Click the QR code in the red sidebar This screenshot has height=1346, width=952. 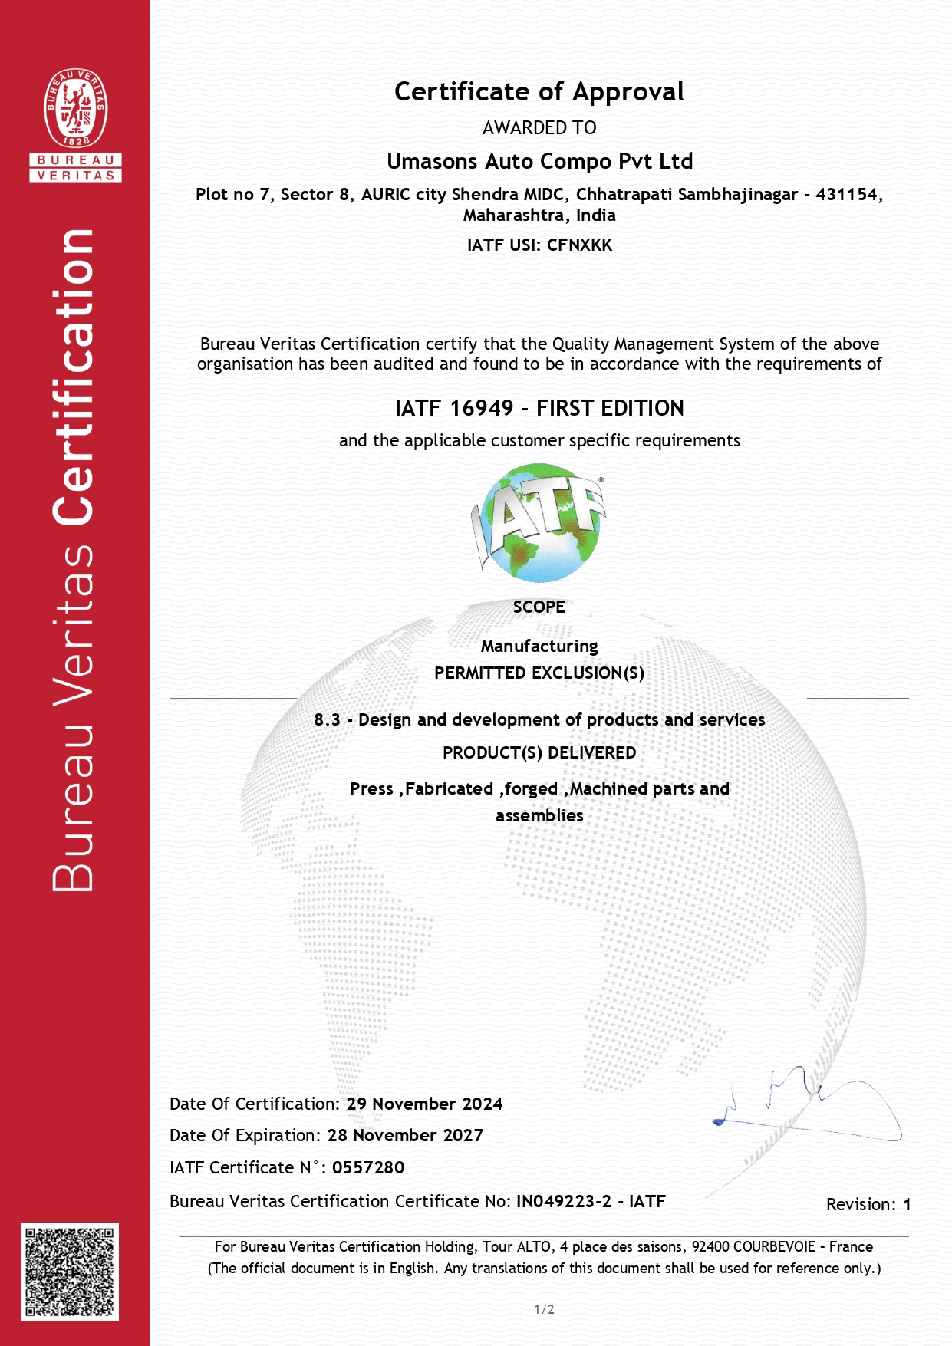pyautogui.click(x=70, y=1272)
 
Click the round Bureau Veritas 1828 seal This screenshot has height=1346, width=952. pyautogui.click(x=75, y=108)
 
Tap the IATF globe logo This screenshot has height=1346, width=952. pyautogui.click(x=539, y=522)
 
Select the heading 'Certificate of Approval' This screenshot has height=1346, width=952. pyautogui.click(x=539, y=92)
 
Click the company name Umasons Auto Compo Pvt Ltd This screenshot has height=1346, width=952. pyautogui.click(x=539, y=161)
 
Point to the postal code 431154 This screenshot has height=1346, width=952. pyautogui.click(x=847, y=195)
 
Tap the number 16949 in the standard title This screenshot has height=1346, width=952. pyautogui.click(x=481, y=408)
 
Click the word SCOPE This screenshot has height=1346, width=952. pyautogui.click(x=539, y=607)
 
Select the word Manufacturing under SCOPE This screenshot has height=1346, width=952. pyautogui.click(x=539, y=646)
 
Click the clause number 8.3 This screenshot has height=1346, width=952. pyautogui.click(x=327, y=719)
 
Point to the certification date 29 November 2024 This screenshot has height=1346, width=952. pyautogui.click(x=424, y=1104)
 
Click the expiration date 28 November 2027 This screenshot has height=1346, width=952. pyautogui.click(x=405, y=1135)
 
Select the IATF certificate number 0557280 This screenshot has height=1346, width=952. pyautogui.click(x=368, y=1167)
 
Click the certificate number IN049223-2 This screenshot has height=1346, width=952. pyautogui.click(x=564, y=1201)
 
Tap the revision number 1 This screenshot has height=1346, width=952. pyautogui.click(x=907, y=1204)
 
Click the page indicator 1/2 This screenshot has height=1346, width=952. pyautogui.click(x=544, y=1309)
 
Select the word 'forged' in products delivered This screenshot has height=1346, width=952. pyautogui.click(x=531, y=789)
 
